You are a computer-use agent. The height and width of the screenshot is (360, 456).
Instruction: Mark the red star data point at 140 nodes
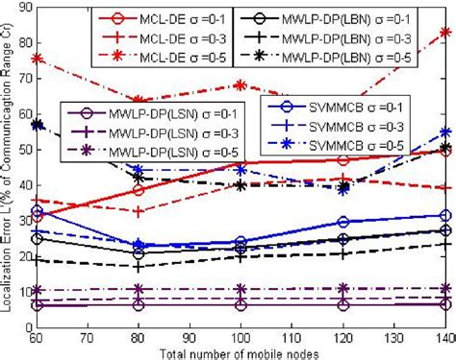443,32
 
